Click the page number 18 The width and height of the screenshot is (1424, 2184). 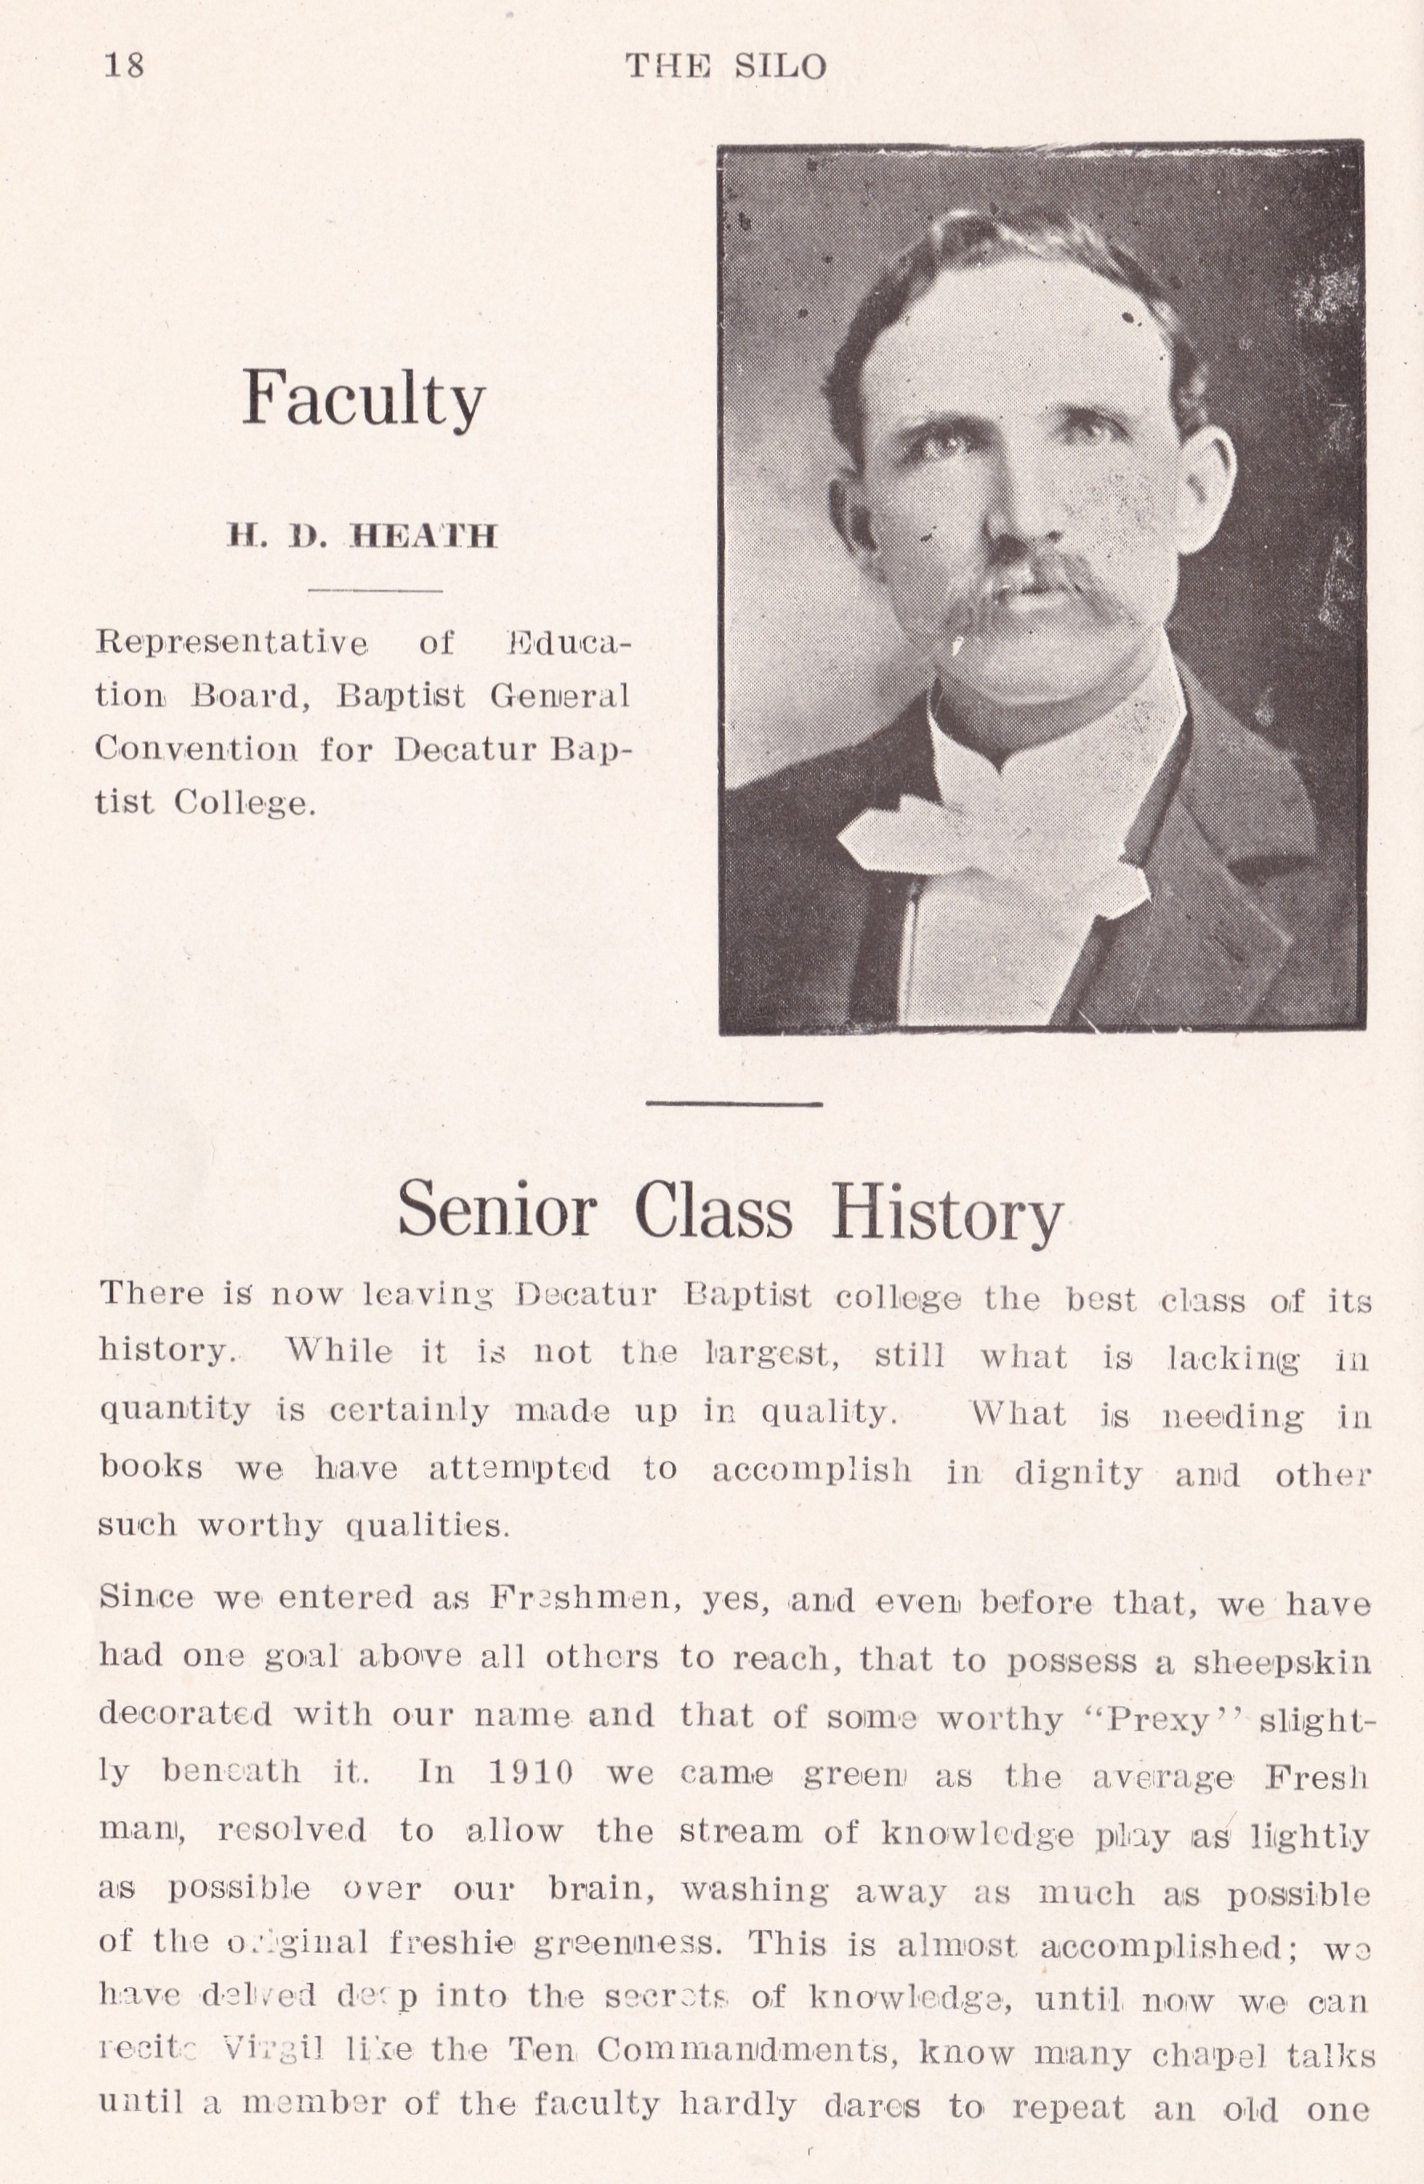[124, 66]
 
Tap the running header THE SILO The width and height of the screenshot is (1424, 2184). [726, 66]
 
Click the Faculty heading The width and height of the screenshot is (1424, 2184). [363, 399]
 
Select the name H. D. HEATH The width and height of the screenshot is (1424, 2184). [362, 536]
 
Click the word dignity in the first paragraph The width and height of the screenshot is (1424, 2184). [1078, 1474]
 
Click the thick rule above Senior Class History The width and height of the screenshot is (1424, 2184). [734, 1104]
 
